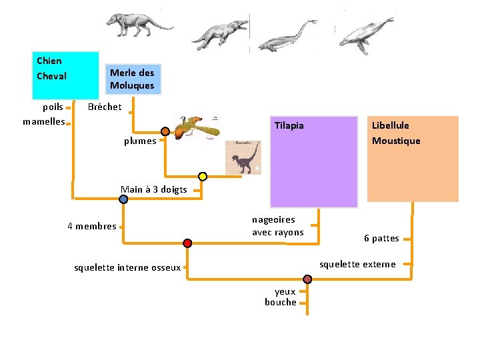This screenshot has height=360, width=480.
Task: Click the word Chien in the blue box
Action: tap(49, 61)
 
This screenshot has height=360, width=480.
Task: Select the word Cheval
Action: tap(51, 76)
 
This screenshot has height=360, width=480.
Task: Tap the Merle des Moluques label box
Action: tap(132, 79)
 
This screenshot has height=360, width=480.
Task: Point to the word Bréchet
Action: tap(105, 107)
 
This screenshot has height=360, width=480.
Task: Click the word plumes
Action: tap(140, 141)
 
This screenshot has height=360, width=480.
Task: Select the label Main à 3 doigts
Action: tap(153, 189)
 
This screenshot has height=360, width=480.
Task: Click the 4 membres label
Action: tap(91, 226)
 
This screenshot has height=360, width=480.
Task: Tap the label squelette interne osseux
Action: tap(127, 268)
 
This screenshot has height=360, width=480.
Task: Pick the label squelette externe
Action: tap(357, 265)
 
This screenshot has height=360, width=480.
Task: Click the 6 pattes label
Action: tap(381, 238)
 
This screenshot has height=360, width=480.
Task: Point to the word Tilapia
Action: tap(289, 125)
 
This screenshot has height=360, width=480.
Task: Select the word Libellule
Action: tap(391, 125)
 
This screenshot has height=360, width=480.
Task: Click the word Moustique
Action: tap(396, 141)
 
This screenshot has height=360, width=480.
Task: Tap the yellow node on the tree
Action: tap(203, 177)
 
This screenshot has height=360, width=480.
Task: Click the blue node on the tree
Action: tap(124, 199)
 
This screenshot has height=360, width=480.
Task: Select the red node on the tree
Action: tap(188, 243)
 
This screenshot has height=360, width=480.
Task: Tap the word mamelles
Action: tap(43, 121)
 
